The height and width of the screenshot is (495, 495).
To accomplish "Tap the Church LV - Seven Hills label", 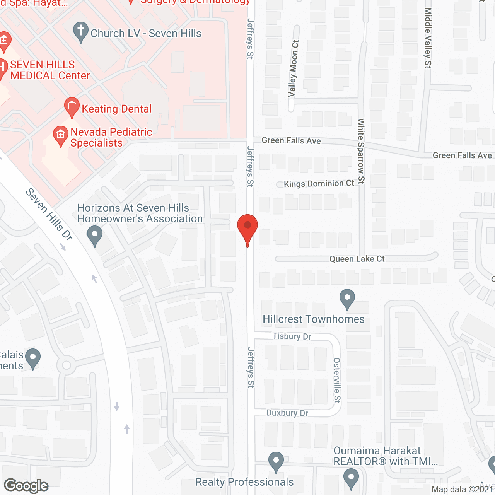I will pyautogui.click(x=146, y=34).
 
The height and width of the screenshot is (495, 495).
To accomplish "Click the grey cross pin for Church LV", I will pyautogui.click(x=81, y=31).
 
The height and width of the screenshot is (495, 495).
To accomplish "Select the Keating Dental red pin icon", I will pyautogui.click(x=72, y=106).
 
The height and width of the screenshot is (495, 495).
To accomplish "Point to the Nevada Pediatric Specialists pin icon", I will pyautogui.click(x=60, y=135).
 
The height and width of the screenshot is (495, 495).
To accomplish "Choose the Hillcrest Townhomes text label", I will pyautogui.click(x=314, y=319).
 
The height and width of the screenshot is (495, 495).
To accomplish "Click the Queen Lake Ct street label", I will pyautogui.click(x=357, y=259).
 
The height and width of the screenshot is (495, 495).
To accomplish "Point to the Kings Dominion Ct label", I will pyautogui.click(x=319, y=184).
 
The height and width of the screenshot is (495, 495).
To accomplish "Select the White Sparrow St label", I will pyautogui.click(x=361, y=151).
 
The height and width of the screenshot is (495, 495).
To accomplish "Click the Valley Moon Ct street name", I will pyautogui.click(x=293, y=68).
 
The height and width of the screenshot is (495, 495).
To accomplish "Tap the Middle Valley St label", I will pyautogui.click(x=428, y=38).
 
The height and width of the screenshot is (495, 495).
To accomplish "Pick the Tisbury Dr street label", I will pyautogui.click(x=292, y=336).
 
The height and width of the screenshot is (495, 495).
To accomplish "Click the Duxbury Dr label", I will pyautogui.click(x=287, y=413).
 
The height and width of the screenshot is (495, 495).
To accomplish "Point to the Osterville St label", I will pyautogui.click(x=337, y=380).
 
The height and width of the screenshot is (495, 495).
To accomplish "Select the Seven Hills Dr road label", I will pyautogui.click(x=49, y=214).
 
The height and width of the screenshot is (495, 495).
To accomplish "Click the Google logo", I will pyautogui.click(x=26, y=486).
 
